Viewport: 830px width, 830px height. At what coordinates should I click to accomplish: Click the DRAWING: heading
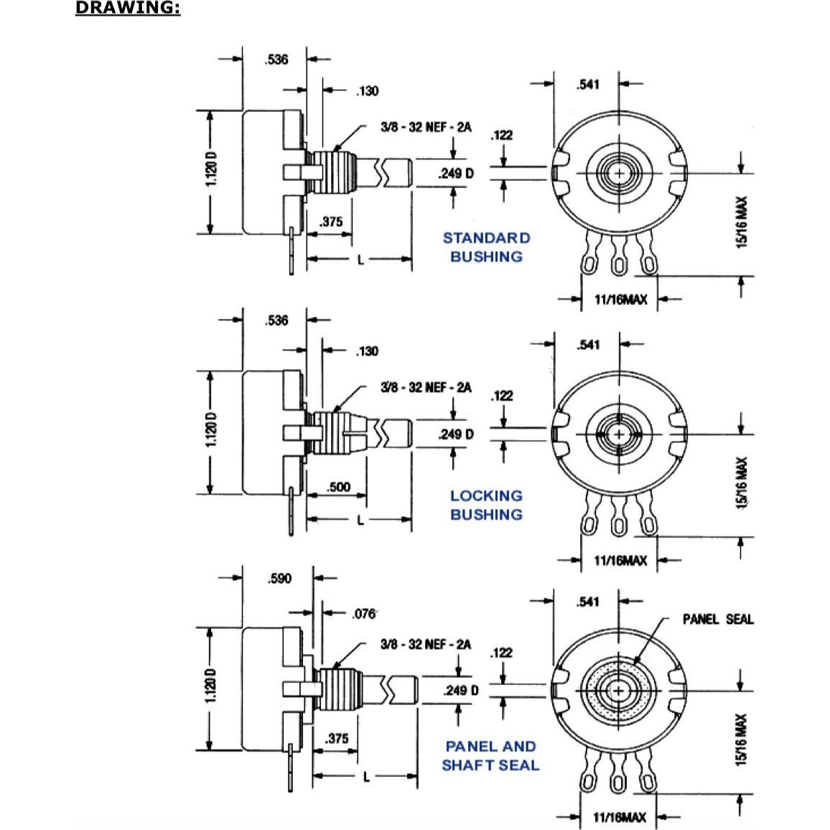[x=128, y=9]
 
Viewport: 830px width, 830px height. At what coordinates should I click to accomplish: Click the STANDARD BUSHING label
[x=486, y=247]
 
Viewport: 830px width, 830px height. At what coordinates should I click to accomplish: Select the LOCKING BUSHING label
[x=486, y=505]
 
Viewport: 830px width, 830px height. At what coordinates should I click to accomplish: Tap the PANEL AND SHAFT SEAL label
[x=490, y=756]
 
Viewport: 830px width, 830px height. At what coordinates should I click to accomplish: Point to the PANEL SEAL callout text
[x=718, y=619]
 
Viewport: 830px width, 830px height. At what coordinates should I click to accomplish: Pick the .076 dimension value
[x=365, y=614]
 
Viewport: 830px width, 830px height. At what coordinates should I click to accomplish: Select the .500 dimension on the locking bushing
[x=338, y=487]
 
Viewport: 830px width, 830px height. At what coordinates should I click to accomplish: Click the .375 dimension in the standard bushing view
[x=331, y=222]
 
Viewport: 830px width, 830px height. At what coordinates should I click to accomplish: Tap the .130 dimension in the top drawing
[x=366, y=90]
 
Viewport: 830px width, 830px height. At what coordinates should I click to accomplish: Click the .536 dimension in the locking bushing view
[x=276, y=320]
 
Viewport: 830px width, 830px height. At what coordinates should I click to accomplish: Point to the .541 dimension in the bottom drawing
[x=587, y=602]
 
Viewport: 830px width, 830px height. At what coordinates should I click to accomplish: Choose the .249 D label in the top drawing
[x=456, y=173]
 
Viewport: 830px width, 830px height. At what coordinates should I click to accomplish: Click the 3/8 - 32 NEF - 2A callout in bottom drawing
[x=426, y=644]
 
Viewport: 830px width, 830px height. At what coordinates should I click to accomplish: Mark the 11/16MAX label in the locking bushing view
[x=620, y=560]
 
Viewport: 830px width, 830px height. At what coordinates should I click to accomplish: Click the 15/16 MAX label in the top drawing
[x=742, y=223]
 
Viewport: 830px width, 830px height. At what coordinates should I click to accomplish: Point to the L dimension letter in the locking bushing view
[x=361, y=519]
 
